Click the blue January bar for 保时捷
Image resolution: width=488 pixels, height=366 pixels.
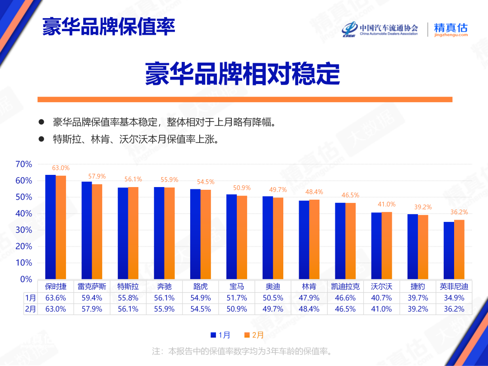pos(51,227)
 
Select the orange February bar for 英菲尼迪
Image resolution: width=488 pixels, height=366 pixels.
pos(459,249)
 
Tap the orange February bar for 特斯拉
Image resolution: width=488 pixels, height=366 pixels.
pos(133,233)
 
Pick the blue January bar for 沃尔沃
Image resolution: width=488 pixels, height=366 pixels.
pos(376,246)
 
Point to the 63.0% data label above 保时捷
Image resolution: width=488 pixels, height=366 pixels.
pos(61,168)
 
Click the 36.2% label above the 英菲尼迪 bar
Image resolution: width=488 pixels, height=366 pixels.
pos(459,212)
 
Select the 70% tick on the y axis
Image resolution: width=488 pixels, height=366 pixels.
pos(23,164)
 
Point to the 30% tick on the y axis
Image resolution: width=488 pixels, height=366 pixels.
pos(23,230)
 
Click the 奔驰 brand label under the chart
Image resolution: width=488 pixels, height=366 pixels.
pos(164,286)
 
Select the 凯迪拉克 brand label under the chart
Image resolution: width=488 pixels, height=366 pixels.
pos(345,286)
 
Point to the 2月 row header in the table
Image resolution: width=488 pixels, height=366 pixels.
pos(30,309)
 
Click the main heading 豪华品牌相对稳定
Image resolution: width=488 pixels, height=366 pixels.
pos(242,74)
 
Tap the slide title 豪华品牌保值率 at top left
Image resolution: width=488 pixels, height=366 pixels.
pos(108,27)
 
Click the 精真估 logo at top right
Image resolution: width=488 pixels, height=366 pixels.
pos(450,29)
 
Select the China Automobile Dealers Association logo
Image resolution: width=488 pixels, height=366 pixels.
pos(380,29)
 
